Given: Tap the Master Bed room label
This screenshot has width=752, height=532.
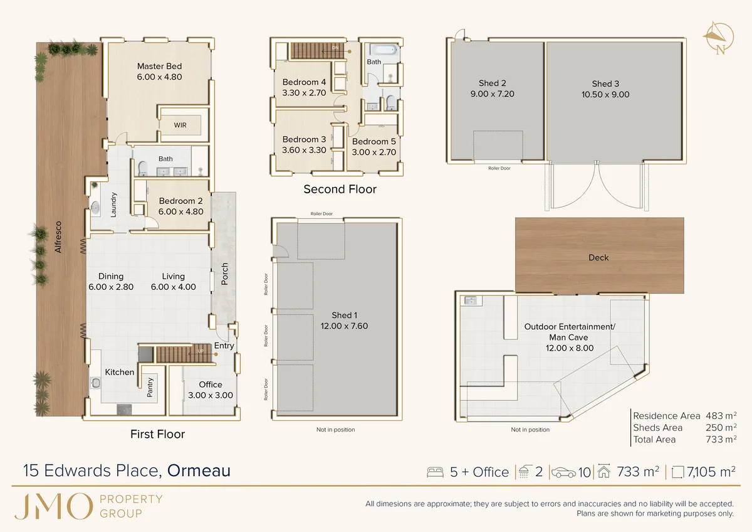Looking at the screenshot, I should (159, 66).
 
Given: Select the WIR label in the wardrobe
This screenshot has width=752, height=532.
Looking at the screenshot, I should (180, 125).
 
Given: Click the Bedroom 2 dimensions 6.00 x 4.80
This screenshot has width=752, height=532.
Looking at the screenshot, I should (180, 211).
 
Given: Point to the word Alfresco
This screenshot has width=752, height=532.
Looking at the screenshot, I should (58, 237).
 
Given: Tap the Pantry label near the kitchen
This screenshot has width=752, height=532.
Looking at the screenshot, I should (150, 387).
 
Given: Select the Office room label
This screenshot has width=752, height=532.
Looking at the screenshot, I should (211, 385).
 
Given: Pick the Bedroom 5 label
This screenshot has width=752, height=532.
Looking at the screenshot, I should (374, 141).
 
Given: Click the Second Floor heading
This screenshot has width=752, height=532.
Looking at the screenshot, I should (340, 189).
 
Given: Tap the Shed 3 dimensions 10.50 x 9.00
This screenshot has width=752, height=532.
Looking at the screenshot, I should (605, 95).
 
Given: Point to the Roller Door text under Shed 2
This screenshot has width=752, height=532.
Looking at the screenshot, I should (499, 168).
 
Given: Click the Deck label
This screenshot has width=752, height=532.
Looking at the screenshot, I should (598, 257).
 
